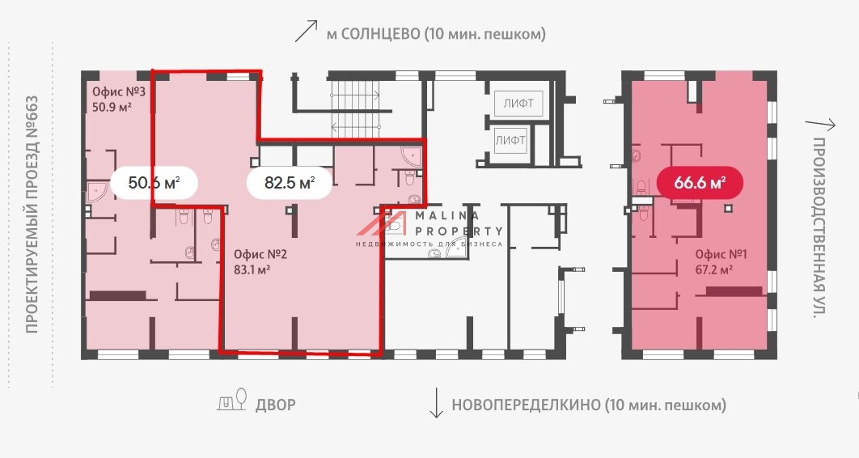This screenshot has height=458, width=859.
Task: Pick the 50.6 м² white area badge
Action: pyautogui.click(x=154, y=183)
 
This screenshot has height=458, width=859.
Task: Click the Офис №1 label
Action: pyautogui.click(x=721, y=254)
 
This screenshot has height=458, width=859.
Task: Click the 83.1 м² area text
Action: pyautogui.click(x=251, y=269)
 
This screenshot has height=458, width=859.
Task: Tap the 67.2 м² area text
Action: pyautogui.click(x=713, y=269)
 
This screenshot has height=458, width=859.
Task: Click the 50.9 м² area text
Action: pyautogui.click(x=112, y=106)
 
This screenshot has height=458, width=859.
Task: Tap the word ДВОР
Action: pyautogui.click(x=276, y=405)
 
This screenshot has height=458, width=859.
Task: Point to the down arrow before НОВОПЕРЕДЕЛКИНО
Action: pyautogui.click(x=436, y=403)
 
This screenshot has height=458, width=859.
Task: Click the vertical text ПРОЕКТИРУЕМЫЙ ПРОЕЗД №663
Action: pyautogui.click(x=32, y=214)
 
